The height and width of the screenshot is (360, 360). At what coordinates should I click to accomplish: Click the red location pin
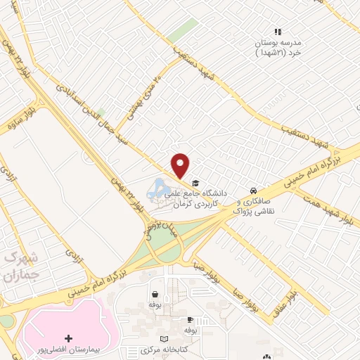pos(181,165)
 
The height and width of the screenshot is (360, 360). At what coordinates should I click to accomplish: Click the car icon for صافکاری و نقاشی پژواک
pos(253,191)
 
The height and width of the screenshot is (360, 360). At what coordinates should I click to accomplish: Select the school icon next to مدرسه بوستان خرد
pos(278,32)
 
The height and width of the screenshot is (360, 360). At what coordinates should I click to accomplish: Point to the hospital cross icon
pos(67,339)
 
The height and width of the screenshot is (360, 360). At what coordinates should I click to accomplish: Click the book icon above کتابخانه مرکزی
pos(165,340)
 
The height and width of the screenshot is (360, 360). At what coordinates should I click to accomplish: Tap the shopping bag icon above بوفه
pos(154,295)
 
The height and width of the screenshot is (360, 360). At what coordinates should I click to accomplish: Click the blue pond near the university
pos(158,188)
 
